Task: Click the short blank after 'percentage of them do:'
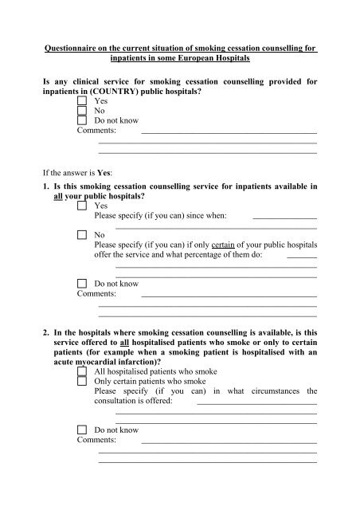point(301,259)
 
